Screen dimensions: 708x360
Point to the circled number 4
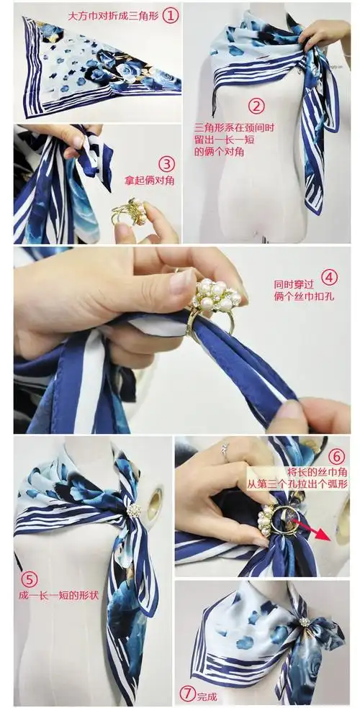(x=329, y=277)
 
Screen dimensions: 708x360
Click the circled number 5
(x=28, y=578)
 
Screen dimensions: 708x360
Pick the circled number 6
(x=337, y=456)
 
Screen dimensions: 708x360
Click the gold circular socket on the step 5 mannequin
(x=155, y=497)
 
